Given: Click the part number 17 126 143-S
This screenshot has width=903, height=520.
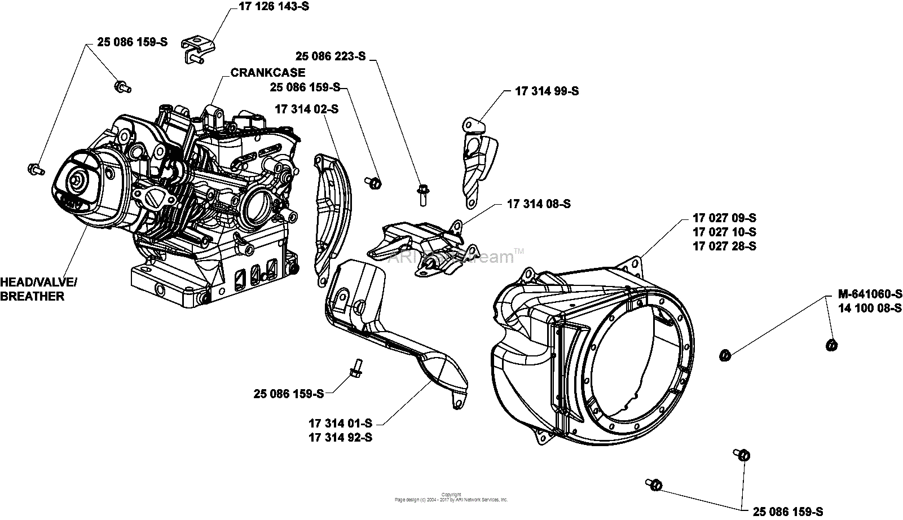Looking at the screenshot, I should tap(270, 7).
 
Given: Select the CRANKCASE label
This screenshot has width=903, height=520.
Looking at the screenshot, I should tap(267, 73).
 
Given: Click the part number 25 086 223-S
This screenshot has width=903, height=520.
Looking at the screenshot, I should tap(331, 56).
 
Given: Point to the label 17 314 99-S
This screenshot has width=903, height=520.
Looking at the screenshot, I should tap(547, 91).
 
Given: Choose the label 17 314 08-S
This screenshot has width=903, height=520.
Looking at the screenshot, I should tap(539, 204).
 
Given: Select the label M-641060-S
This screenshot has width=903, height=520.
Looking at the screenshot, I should tap(870, 294).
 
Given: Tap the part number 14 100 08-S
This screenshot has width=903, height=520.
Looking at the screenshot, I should tap(870, 308).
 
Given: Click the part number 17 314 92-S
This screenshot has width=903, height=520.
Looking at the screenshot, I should tap(340, 437).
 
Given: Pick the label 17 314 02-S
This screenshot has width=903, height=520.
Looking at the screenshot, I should tap(306, 109).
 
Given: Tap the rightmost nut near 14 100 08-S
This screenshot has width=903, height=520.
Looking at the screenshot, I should tap(830, 344).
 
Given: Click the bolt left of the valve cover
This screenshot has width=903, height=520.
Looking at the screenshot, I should tap(36, 168).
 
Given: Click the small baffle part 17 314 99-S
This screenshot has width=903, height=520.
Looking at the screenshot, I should tap(477, 161).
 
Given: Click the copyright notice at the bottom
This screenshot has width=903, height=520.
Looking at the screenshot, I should tap(451, 497).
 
